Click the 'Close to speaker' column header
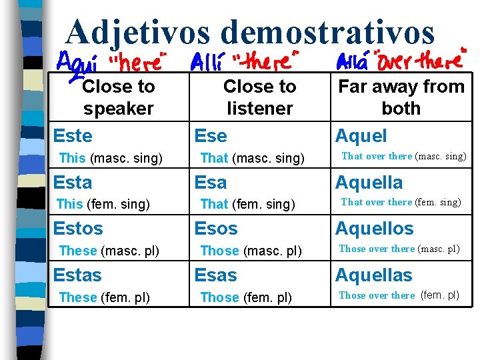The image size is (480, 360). [118, 97]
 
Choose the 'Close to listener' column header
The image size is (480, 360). [259, 97]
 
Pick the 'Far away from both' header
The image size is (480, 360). [401, 97]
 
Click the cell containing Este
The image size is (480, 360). [73, 136]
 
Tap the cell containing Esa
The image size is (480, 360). [211, 182]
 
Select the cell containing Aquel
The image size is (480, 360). [361, 136]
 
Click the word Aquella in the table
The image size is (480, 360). [369, 182]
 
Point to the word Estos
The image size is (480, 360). [78, 228]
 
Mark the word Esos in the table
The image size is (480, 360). [215, 228]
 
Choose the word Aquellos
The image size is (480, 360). [374, 228]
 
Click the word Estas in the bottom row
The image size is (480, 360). [77, 275]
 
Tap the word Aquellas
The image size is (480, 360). [373, 275]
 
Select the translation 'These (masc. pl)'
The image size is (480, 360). [109, 251]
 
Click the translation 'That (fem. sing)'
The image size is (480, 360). [247, 204]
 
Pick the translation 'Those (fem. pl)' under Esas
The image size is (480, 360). [246, 297]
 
